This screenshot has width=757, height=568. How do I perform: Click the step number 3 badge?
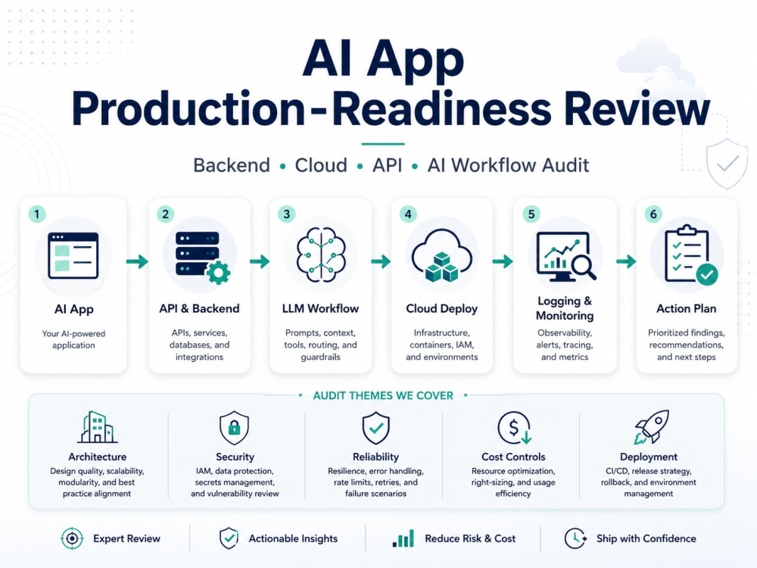(x=287, y=214)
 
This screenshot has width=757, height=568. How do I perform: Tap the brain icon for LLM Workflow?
(x=321, y=254)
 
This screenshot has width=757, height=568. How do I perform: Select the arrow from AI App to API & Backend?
(x=138, y=262)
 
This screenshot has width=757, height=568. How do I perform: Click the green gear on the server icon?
(x=218, y=273)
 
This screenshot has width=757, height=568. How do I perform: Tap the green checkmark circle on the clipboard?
(x=707, y=274)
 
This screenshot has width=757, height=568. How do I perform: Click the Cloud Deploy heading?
(x=442, y=309)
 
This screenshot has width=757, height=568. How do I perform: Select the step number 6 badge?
(x=654, y=214)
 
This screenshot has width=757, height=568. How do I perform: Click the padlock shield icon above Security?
(x=234, y=427)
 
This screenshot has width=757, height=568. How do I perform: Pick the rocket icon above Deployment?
(x=652, y=427)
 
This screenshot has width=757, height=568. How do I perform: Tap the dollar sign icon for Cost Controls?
(x=515, y=427)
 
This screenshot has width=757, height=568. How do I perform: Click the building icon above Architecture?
(x=98, y=427)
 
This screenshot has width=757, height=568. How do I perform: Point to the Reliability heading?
(x=375, y=457)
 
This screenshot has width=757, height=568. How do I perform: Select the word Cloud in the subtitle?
(x=321, y=165)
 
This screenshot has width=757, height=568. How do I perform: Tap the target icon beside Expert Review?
(x=73, y=538)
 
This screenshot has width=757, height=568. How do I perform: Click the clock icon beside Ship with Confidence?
(x=575, y=538)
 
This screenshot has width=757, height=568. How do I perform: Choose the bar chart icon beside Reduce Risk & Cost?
(x=403, y=538)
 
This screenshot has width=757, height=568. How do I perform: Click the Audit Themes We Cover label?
(x=383, y=395)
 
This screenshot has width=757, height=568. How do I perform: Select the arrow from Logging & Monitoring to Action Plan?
(x=627, y=262)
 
